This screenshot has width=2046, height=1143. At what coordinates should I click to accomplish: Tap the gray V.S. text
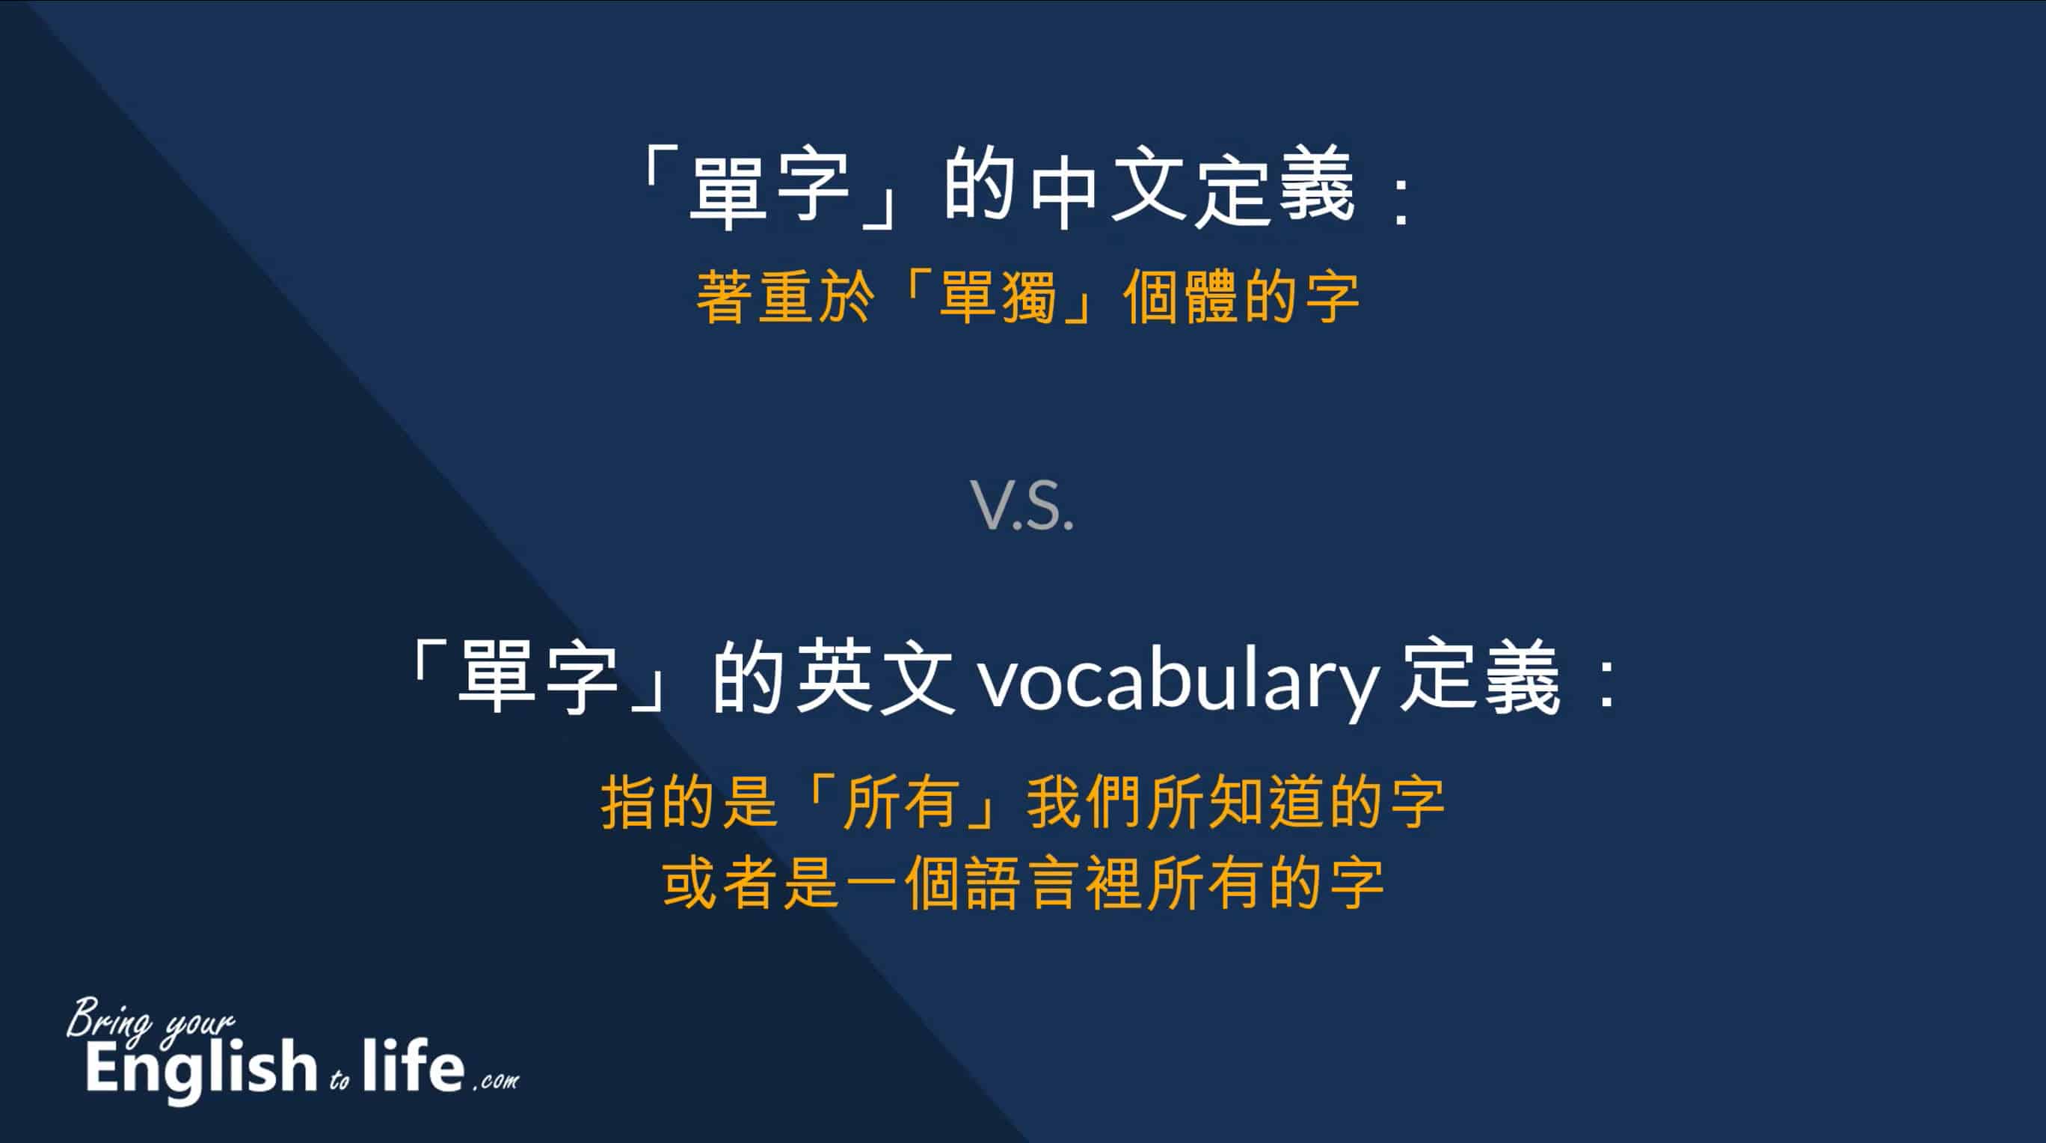click(x=1022, y=505)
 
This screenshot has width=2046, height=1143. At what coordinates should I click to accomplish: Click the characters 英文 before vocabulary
click(x=874, y=677)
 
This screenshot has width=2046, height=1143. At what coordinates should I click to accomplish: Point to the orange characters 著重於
click(x=785, y=297)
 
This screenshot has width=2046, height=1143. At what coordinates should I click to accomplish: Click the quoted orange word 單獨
click(x=998, y=297)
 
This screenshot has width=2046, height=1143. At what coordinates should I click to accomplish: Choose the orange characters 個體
click(x=1182, y=297)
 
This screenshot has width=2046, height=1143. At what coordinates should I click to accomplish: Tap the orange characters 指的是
click(x=688, y=803)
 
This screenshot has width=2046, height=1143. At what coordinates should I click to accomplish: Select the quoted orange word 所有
click(x=900, y=803)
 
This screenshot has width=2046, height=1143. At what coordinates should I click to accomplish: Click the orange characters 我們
click(x=1086, y=803)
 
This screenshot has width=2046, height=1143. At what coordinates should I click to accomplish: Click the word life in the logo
click(x=413, y=1064)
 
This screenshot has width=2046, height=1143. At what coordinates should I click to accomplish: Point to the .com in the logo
click(x=496, y=1081)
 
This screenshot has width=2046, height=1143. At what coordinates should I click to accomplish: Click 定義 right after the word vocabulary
click(x=1480, y=677)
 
